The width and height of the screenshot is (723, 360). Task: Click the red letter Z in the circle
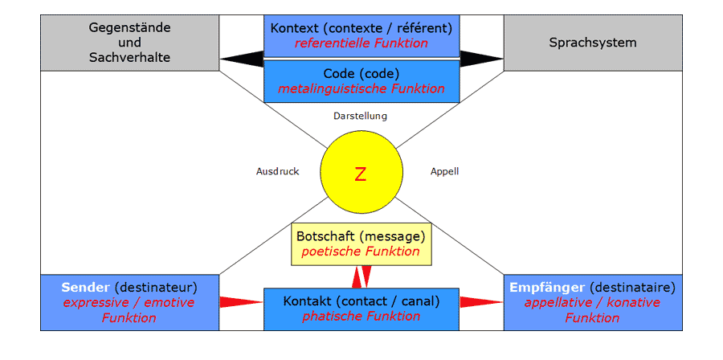360,174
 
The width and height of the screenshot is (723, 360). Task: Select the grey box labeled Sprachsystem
593,43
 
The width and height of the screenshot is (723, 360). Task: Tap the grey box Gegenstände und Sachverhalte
129,43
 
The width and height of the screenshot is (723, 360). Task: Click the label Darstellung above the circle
360,116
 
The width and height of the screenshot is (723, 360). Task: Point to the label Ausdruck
277,171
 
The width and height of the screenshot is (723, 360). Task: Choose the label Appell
444,171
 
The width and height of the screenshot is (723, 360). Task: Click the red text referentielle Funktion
361,43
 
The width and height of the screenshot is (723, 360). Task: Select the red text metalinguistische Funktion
361,88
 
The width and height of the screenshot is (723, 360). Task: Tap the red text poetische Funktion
361,252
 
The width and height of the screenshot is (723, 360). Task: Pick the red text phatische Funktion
361,316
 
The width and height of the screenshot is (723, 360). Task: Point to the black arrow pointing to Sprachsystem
481,59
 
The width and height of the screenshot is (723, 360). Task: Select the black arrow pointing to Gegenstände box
241,59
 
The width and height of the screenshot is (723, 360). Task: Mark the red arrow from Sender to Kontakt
241,302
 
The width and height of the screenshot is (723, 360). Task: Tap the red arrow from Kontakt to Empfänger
481,302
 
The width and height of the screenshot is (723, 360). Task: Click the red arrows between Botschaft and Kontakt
361,276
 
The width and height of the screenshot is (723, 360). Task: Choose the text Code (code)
361,73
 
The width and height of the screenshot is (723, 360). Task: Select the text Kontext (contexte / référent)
361,28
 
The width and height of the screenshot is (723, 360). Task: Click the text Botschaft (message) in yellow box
361,237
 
